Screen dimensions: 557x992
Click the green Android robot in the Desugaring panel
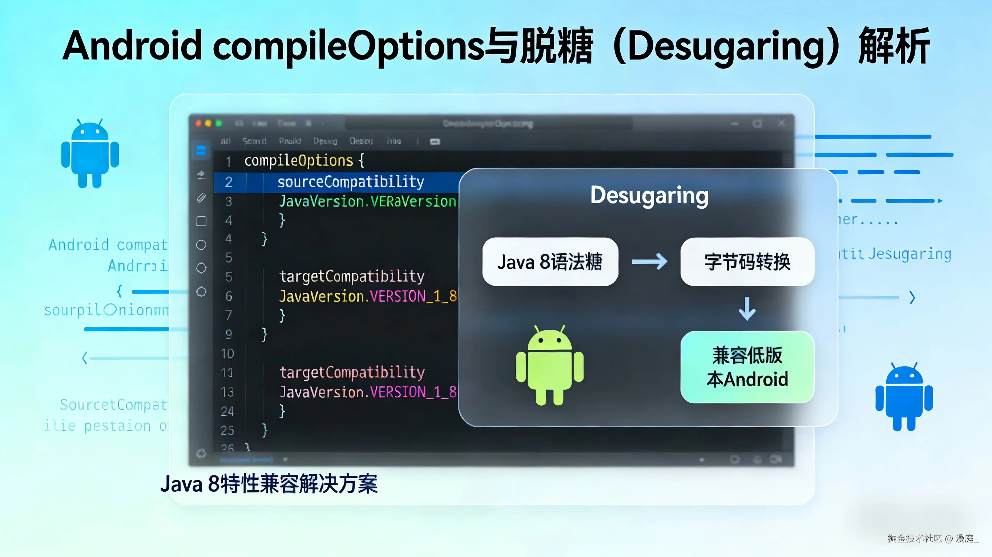(549, 365)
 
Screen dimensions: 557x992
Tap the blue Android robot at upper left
(90, 154)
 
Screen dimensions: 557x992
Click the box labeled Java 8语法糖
(550, 262)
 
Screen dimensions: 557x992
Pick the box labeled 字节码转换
(747, 262)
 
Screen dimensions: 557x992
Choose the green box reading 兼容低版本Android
(747, 367)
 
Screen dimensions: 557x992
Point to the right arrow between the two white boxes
(650, 262)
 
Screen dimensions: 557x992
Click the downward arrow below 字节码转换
(747, 308)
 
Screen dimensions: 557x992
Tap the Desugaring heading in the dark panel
(649, 196)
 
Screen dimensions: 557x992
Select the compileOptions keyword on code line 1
(298, 160)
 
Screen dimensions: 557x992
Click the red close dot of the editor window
(198, 123)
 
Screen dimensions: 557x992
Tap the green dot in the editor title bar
(219, 123)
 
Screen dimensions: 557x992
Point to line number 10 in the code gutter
(227, 353)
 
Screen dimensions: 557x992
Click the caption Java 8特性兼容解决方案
(269, 484)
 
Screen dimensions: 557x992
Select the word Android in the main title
(132, 46)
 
